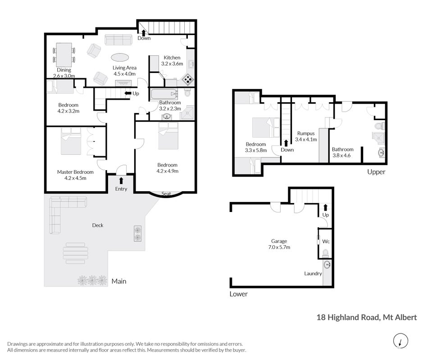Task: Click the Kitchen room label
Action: point(172,58)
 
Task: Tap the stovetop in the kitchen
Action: point(188,79)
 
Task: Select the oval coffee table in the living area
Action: point(120,58)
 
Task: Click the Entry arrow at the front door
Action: point(121,180)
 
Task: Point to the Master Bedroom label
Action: point(75,172)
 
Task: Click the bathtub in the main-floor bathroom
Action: point(164,94)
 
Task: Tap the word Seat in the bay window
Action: point(166,193)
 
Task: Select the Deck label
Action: point(98,225)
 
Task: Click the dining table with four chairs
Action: point(64,55)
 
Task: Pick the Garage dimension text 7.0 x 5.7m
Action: point(279,247)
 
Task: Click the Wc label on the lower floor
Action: point(326,241)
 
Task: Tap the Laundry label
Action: point(313,274)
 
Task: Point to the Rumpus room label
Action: point(306,133)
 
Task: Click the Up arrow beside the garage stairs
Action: point(325,207)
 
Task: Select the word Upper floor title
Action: point(376,172)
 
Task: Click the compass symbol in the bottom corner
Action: point(401,341)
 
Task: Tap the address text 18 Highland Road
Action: point(348,317)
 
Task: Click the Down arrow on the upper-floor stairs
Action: point(286,143)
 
